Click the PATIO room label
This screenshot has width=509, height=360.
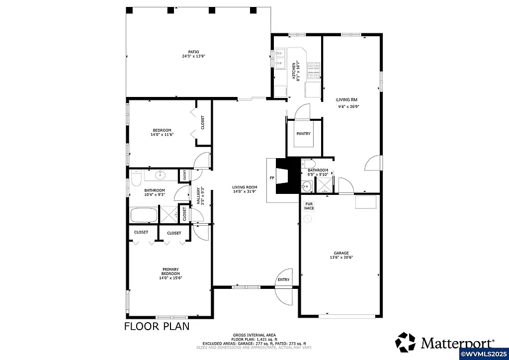point(193,52)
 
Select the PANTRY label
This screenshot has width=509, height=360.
point(303,134)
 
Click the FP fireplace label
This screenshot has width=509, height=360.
point(271,178)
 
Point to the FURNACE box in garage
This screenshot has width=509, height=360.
point(309,206)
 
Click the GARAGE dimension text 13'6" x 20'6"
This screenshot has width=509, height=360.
point(341,258)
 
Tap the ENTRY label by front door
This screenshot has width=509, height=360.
point(283,279)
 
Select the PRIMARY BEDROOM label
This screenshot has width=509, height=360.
point(170,271)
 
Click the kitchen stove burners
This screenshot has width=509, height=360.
point(313,71)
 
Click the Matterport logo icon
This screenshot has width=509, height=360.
point(405,343)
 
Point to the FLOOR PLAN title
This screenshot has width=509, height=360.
point(156,327)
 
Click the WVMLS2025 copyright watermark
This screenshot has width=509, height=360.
point(485,355)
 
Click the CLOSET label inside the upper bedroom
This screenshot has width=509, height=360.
point(203,122)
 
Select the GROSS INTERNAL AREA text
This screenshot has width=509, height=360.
point(254,335)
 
